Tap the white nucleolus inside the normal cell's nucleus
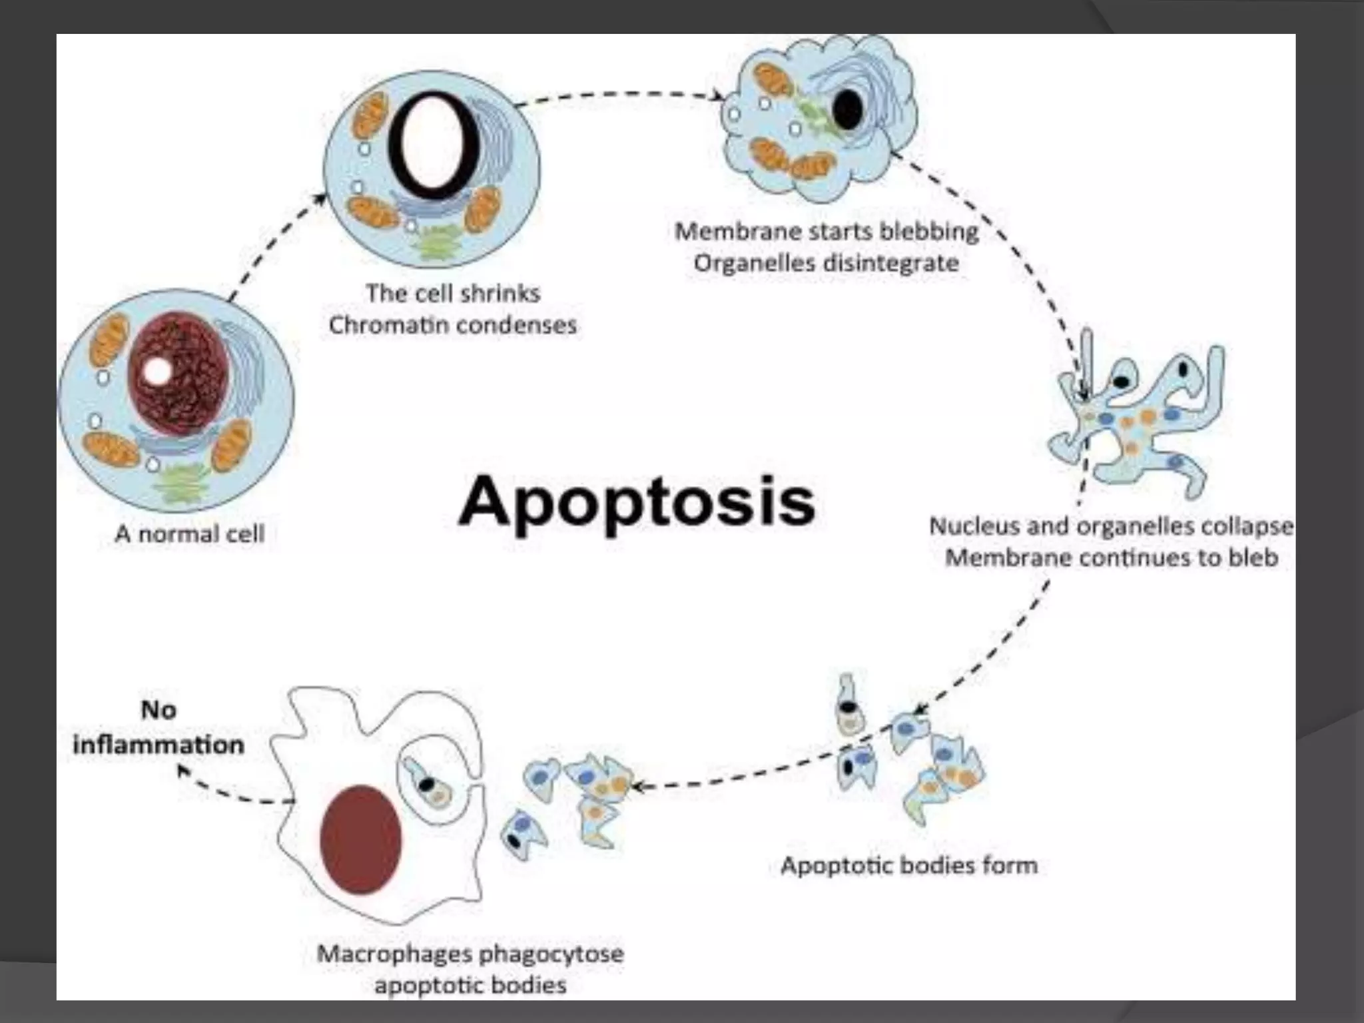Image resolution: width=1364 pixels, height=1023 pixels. click(x=157, y=371)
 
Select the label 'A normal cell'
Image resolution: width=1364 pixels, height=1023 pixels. click(x=190, y=533)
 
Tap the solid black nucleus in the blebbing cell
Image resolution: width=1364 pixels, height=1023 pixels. click(x=848, y=110)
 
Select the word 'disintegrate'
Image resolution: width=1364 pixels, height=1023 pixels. click(x=892, y=263)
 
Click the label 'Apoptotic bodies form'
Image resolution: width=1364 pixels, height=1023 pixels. click(x=909, y=865)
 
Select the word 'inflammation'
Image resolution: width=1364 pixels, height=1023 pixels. click(x=159, y=745)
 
